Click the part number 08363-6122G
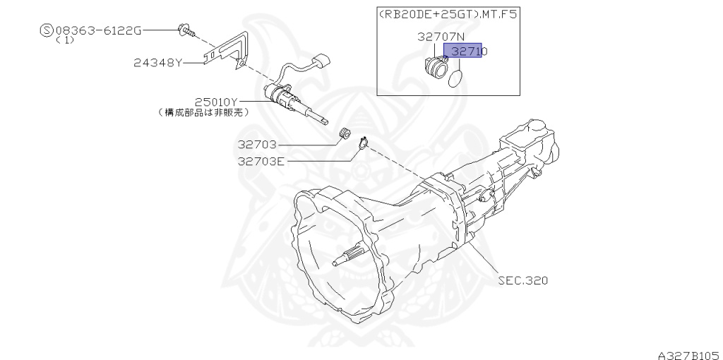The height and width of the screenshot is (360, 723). click(99, 31)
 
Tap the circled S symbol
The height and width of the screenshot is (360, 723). click(47, 31)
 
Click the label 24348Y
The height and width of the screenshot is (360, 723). click(158, 62)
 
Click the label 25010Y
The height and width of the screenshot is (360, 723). click(216, 102)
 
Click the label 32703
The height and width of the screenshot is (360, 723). click(257, 145)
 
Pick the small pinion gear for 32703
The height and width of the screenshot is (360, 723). click(344, 132)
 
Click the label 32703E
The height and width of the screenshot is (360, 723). click(261, 162)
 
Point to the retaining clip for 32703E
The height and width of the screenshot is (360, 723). click(363, 143)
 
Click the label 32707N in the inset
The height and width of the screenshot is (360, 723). click(441, 37)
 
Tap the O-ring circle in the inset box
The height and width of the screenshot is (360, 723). click(455, 79)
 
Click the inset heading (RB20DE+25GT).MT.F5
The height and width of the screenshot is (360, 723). click(447, 14)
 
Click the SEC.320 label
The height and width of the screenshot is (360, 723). click(523, 280)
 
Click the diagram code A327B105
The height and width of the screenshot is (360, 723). click(690, 355)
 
